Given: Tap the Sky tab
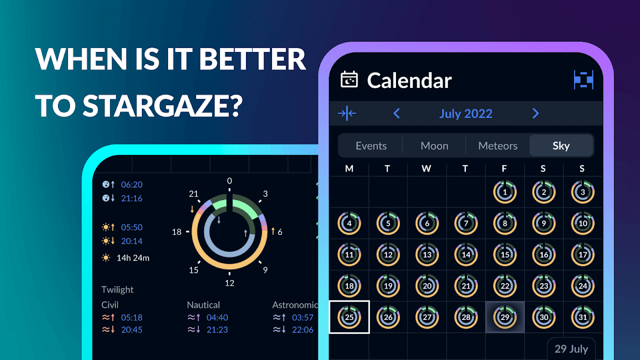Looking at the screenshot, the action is click(x=561, y=145).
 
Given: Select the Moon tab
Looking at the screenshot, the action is click(x=434, y=145).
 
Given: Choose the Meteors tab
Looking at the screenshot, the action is click(x=497, y=145).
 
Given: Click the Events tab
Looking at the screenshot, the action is click(x=371, y=145).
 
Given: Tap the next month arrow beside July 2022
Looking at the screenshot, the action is click(x=535, y=113).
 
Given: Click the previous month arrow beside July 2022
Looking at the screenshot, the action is click(x=396, y=113).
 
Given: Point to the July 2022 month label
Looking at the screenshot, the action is click(x=465, y=113).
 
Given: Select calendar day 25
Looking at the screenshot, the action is click(x=349, y=317).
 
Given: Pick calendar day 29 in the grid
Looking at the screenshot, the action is click(x=505, y=317).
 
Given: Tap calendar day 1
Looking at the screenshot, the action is click(x=505, y=192).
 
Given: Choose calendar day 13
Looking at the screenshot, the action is click(x=427, y=254).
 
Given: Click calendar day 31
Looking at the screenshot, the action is click(x=582, y=317).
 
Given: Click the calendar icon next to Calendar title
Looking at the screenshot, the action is click(x=349, y=79).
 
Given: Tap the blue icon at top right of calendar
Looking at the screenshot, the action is click(x=583, y=79).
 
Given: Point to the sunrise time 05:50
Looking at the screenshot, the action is click(x=131, y=227).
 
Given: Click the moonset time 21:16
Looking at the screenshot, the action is click(x=131, y=198).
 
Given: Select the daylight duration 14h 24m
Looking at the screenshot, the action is click(x=133, y=258).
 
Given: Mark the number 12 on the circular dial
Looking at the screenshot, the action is click(x=229, y=283).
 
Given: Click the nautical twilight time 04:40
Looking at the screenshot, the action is click(x=217, y=317).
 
